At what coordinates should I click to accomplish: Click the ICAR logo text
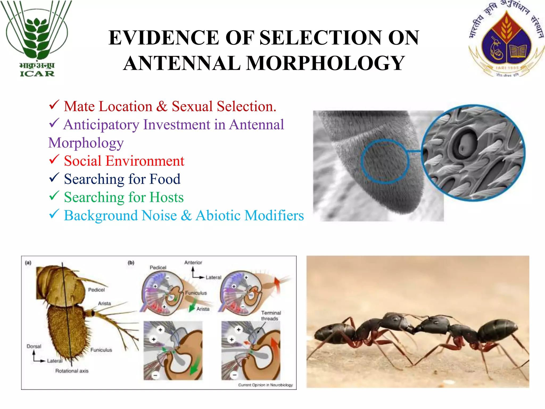click(x=37, y=73)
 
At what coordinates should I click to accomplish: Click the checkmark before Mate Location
click(x=54, y=105)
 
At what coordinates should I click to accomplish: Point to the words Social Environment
click(x=124, y=161)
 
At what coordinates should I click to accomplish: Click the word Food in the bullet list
click(x=165, y=179)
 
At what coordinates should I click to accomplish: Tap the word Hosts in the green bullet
click(x=167, y=197)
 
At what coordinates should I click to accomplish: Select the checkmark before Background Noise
click(x=54, y=214)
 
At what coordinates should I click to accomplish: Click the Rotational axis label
click(x=72, y=371)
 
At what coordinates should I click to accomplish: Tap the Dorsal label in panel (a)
click(x=34, y=346)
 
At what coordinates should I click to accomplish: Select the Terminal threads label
click(x=271, y=316)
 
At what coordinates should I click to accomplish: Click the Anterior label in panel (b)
click(x=193, y=263)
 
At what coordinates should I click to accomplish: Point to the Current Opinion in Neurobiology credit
click(x=265, y=385)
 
